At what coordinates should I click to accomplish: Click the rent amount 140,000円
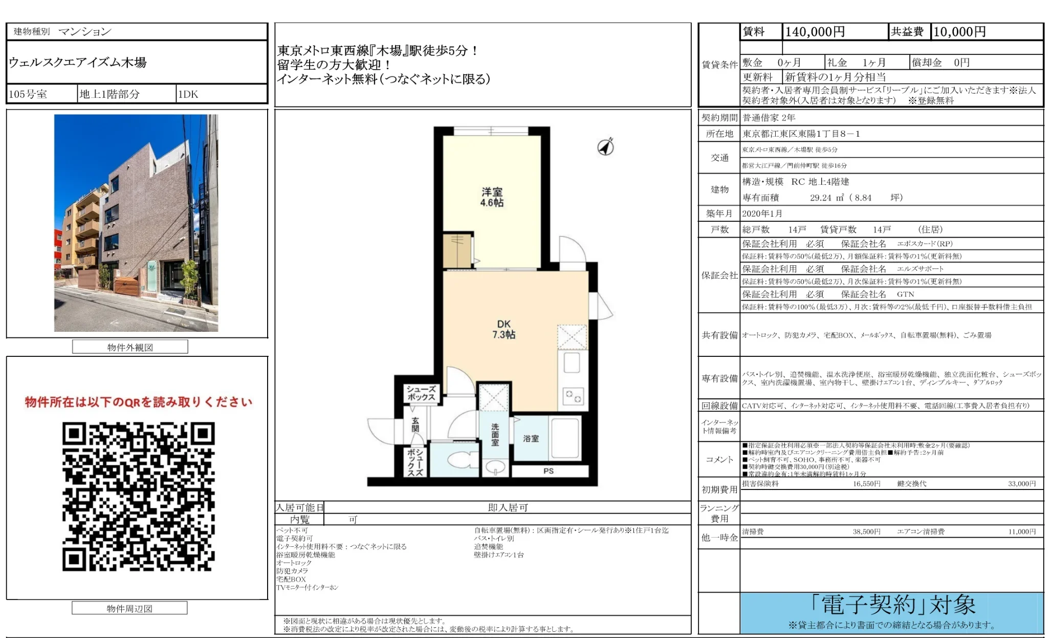pyautogui.click(x=815, y=32)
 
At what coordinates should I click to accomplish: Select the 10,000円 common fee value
pyautogui.click(x=959, y=32)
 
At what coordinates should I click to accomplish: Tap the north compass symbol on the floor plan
pyautogui.click(x=606, y=147)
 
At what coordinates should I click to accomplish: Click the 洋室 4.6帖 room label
pyautogui.click(x=492, y=197)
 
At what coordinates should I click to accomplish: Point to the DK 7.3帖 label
pyautogui.click(x=503, y=329)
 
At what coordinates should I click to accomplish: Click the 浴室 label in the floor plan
pyautogui.click(x=531, y=438)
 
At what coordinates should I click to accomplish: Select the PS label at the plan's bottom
pyautogui.click(x=548, y=471)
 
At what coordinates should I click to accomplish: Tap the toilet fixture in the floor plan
pyautogui.click(x=461, y=459)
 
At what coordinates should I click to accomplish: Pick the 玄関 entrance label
pyautogui.click(x=415, y=424)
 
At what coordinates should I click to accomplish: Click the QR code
pyautogui.click(x=138, y=496)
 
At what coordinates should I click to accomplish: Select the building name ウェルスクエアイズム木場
pyautogui.click(x=78, y=62)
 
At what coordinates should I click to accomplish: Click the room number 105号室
pyautogui.click(x=28, y=94)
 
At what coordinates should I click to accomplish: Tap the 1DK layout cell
pyautogui.click(x=188, y=94)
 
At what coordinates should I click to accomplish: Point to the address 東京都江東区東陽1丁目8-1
pyautogui.click(x=801, y=134)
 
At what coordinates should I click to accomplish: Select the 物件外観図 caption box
pyautogui.click(x=130, y=347)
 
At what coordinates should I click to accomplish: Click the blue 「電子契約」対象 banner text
pyautogui.click(x=892, y=605)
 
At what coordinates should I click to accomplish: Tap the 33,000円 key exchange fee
pyautogui.click(x=1021, y=483)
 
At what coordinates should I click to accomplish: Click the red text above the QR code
pyautogui.click(x=138, y=402)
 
